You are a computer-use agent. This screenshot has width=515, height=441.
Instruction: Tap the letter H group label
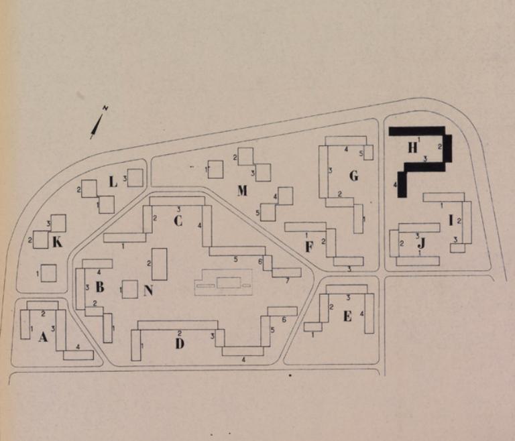[412, 147]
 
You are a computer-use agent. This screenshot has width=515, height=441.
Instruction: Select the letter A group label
[43, 337]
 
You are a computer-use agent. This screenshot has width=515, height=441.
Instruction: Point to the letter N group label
[148, 290]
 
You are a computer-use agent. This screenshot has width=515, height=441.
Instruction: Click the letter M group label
[242, 190]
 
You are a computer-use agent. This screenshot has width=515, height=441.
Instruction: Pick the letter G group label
[353, 176]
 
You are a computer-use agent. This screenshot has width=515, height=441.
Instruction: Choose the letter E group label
[347, 316]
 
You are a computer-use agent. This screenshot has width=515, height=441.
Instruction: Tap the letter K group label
[57, 243]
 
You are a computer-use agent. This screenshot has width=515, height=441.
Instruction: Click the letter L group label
[113, 182]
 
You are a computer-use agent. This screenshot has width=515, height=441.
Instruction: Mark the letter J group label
[422, 243]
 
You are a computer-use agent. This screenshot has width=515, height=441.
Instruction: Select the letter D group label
[180, 344]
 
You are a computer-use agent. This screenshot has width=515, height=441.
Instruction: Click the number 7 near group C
[288, 281]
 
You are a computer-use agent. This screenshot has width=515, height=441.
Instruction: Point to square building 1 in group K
[48, 273]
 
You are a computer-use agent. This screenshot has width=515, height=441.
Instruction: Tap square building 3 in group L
[135, 178]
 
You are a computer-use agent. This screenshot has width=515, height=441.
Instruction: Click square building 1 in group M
[215, 170]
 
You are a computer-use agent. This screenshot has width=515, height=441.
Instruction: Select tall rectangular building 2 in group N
[160, 264]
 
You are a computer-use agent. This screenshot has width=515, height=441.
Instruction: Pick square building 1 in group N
[129, 290]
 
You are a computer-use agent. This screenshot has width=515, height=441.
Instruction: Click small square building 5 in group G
[369, 152]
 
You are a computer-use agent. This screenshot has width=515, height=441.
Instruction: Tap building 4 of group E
[369, 313]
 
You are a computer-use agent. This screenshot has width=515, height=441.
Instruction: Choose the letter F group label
[308, 247]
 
